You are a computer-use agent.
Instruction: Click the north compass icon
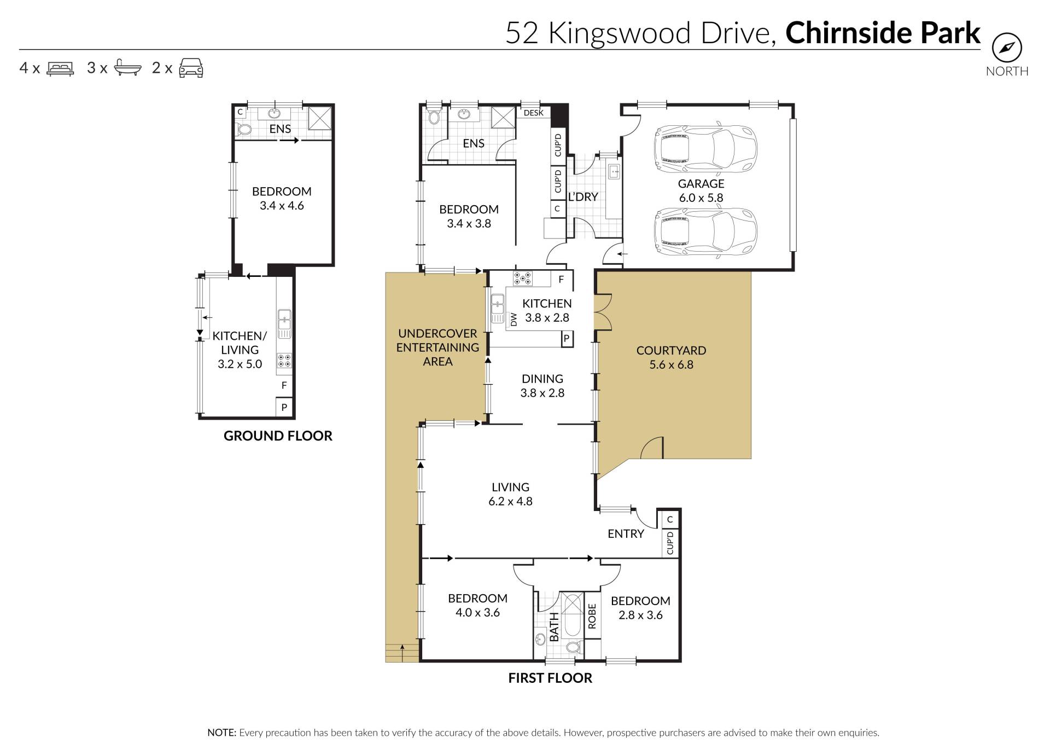point(1007,49)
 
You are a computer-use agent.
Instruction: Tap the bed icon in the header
point(60,68)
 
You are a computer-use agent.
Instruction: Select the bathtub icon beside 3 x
point(127,68)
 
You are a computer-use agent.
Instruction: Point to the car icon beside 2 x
point(191,68)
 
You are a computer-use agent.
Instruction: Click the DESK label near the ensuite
point(534,113)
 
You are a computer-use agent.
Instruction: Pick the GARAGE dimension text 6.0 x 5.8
point(701,198)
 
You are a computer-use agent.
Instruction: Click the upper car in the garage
point(705,148)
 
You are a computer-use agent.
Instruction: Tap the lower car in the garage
point(705,231)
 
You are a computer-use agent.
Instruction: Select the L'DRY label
point(583,197)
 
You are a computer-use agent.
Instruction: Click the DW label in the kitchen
point(514,320)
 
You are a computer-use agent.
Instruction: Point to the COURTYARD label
point(671,351)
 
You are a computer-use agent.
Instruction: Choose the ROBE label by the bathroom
point(592,616)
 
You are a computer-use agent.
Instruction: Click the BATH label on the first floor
point(554,627)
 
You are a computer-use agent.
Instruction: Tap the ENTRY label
point(626,534)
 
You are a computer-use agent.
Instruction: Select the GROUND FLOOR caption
point(278,436)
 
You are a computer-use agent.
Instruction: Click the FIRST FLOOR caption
point(550,678)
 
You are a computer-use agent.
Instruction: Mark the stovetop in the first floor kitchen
point(522,278)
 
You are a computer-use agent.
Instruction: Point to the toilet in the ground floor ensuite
point(244,130)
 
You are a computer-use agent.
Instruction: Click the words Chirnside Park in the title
point(883,33)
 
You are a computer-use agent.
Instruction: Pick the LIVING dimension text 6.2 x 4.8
point(510,501)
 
